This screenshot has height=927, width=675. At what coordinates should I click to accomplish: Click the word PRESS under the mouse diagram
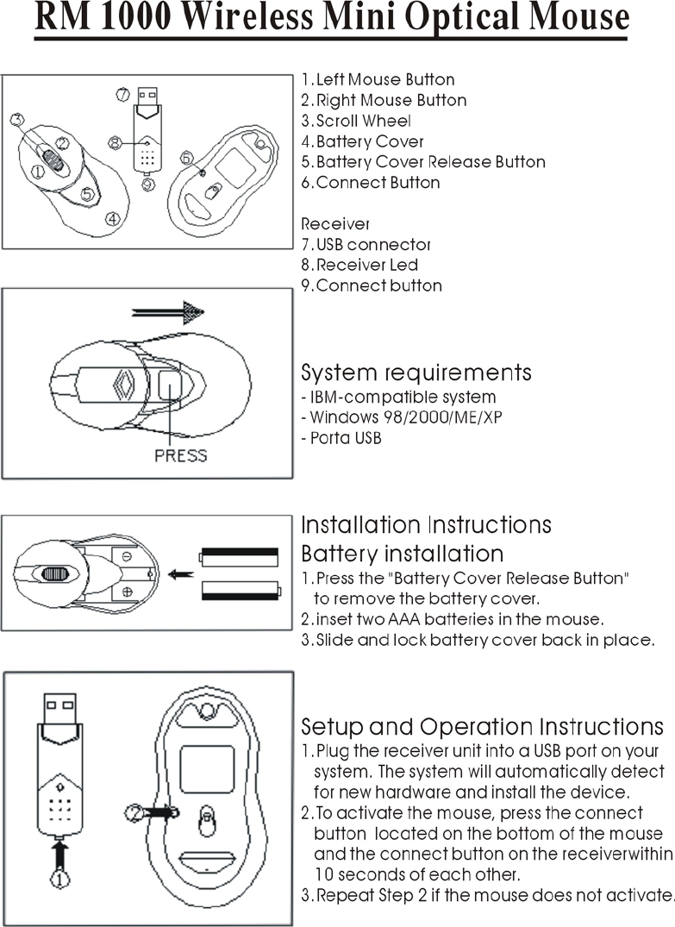(x=180, y=454)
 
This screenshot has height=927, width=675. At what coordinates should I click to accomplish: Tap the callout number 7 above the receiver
(x=122, y=93)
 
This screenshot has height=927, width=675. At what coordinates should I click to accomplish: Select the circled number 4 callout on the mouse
(x=112, y=219)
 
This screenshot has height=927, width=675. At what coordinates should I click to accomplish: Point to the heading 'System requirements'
(x=416, y=373)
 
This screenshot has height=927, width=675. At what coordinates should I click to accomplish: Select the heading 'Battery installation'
(x=401, y=553)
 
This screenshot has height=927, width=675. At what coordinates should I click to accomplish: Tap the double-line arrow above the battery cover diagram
(x=168, y=311)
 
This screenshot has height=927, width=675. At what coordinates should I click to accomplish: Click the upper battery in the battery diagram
(x=239, y=556)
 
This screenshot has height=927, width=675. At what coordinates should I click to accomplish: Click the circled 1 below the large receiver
(x=57, y=880)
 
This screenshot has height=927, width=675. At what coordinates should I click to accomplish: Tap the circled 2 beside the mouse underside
(x=134, y=811)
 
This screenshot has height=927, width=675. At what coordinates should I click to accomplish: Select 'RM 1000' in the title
(x=86, y=18)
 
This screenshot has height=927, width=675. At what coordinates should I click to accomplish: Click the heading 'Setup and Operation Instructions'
(x=482, y=726)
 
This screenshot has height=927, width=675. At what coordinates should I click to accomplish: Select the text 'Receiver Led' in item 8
(x=366, y=266)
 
